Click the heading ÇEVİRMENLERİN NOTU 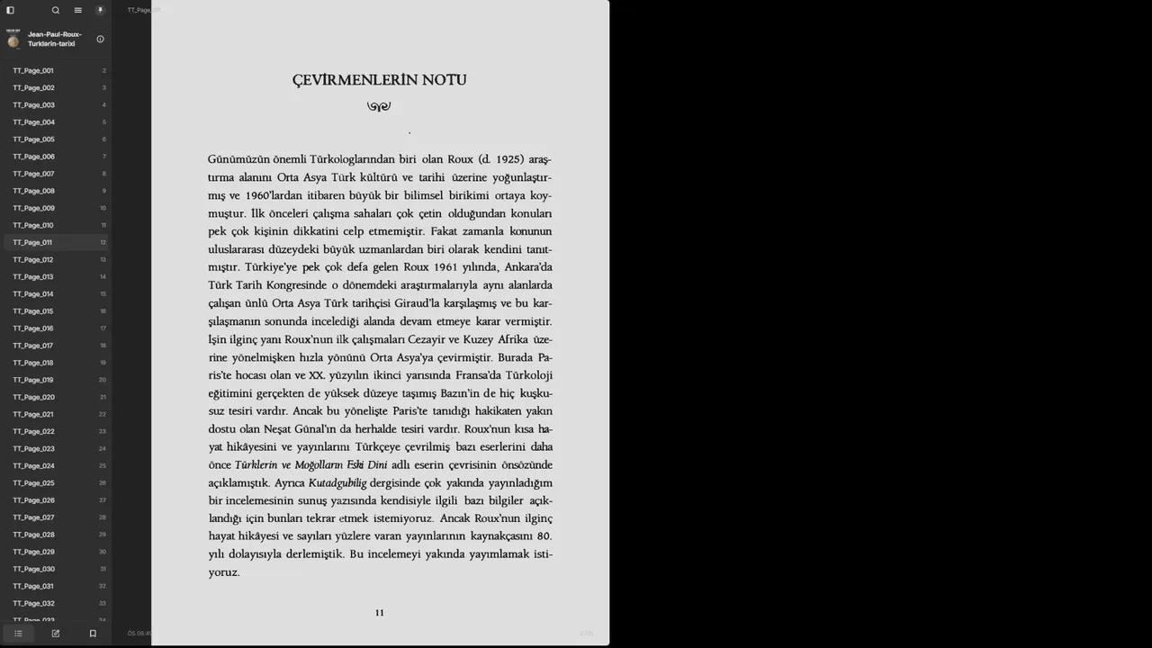click(379, 80)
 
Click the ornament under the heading click(379, 106)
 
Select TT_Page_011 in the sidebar click(32, 242)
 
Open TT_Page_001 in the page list click(32, 70)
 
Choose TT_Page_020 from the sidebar click(33, 397)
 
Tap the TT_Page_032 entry click(33, 603)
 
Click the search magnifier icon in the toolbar click(56, 11)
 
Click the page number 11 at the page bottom click(379, 613)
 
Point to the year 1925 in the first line click(509, 159)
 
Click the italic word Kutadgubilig click(337, 483)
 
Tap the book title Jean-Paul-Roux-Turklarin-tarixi click(54, 39)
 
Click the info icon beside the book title click(100, 39)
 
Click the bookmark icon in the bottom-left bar click(93, 634)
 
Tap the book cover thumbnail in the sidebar click(13, 39)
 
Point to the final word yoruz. click(224, 572)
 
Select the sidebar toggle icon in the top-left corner click(11, 11)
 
